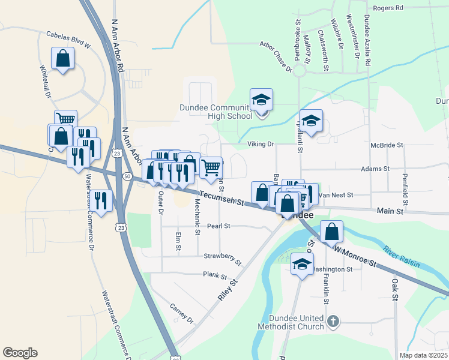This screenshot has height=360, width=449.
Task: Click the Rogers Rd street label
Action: pos(388,8)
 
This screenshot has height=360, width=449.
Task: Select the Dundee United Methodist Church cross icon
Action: pos(335,322)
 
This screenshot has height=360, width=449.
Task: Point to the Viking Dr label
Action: pos(261,145)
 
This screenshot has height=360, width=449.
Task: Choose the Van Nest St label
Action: pos(337,195)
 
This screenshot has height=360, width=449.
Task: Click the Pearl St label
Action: pos(219,226)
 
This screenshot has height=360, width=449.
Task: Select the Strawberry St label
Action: pos(222,259)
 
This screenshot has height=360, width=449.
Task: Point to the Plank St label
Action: pos(214,276)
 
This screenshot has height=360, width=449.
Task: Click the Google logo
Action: pos(20,353)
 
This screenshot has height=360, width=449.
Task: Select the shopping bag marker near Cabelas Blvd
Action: pos(63,59)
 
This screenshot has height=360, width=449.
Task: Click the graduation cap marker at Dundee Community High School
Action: pos(262,101)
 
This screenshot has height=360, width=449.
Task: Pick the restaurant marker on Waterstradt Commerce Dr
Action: pos(101,201)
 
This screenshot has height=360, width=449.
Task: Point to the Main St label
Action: pos(390,211)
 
